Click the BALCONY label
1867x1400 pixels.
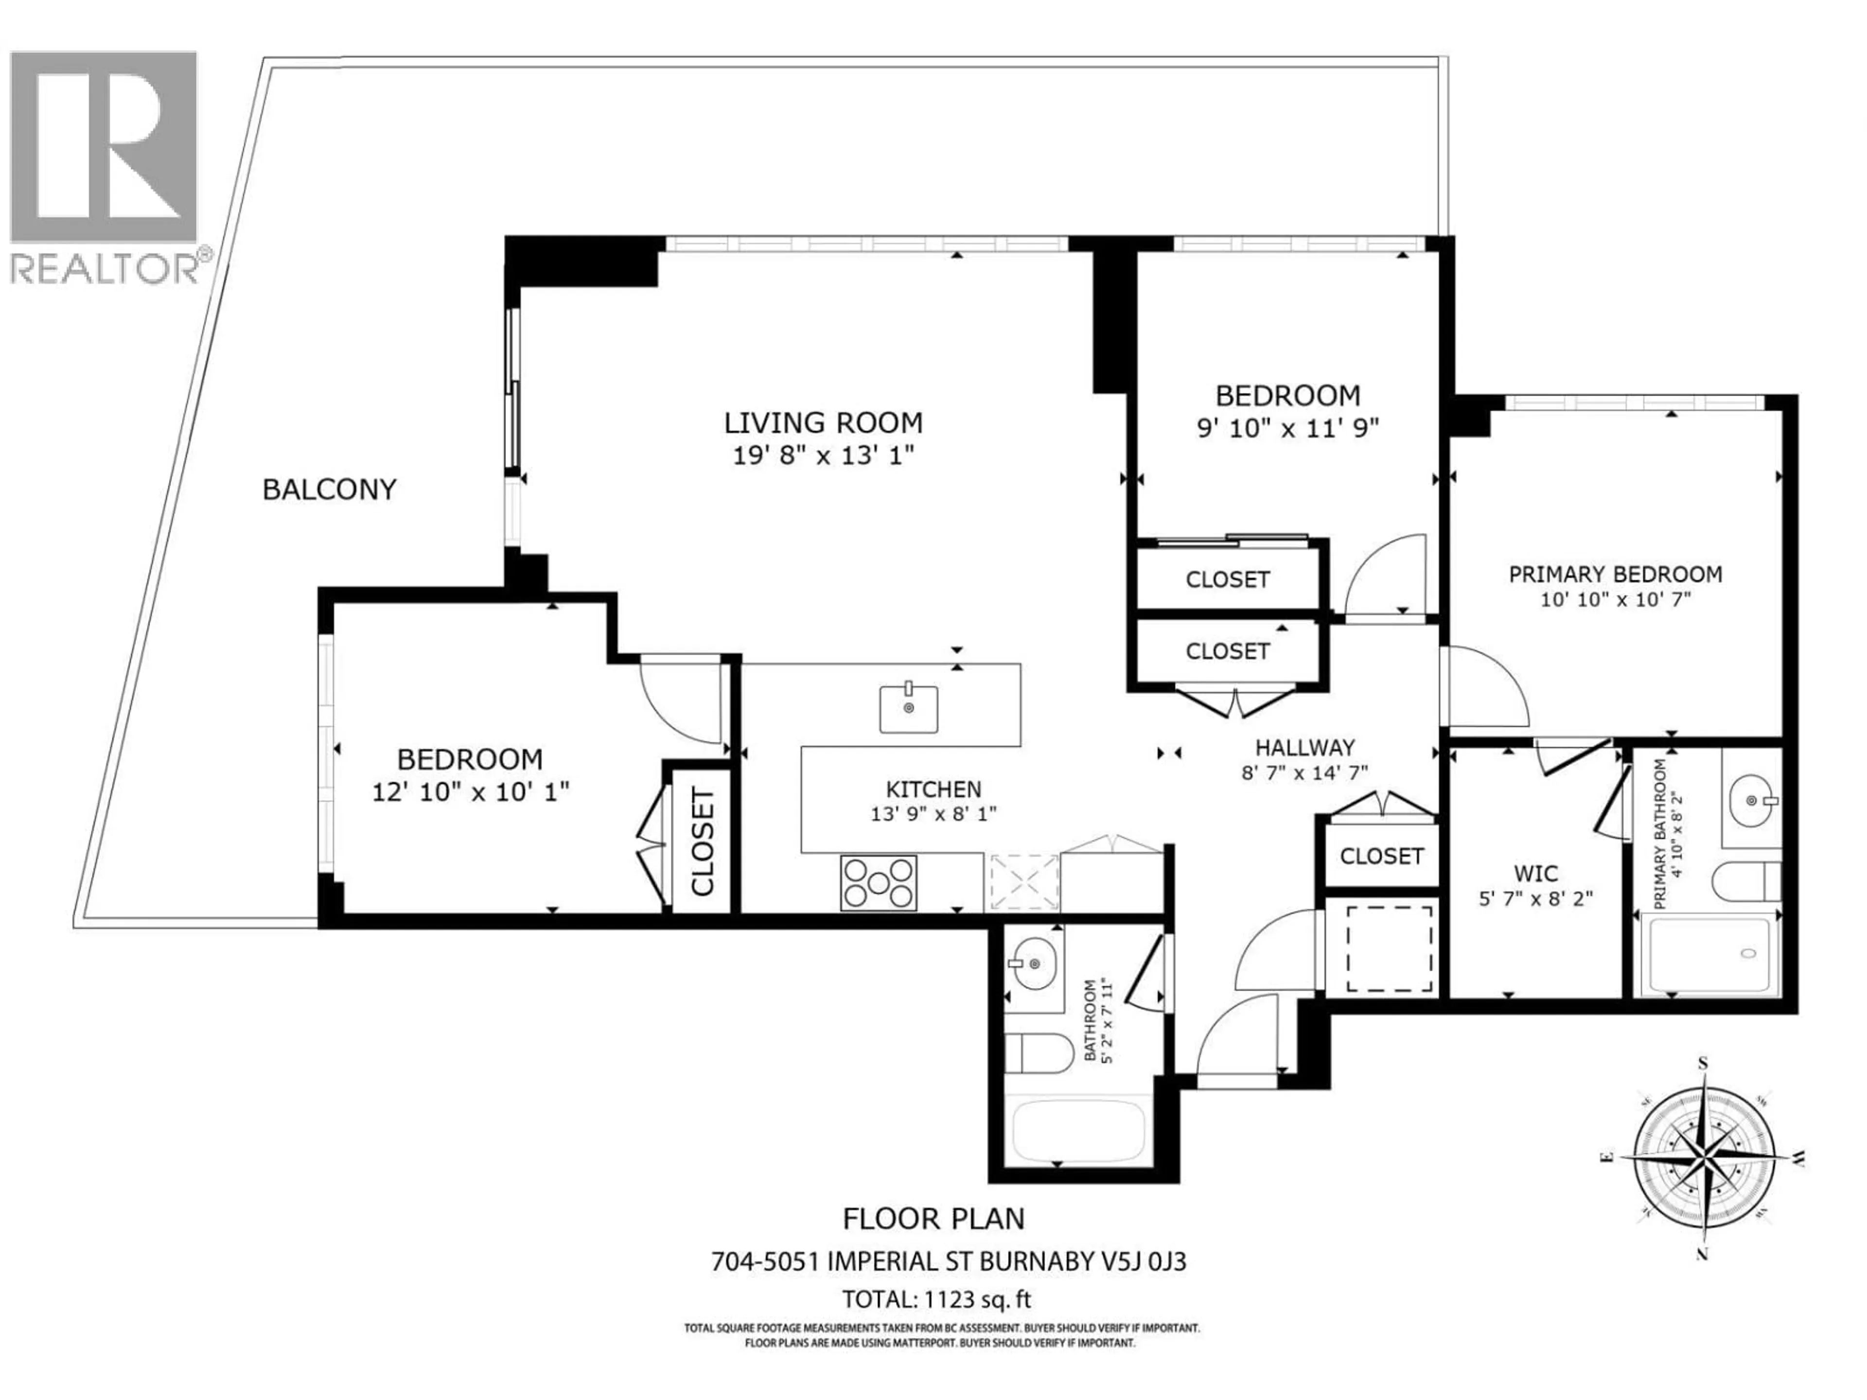point(329,490)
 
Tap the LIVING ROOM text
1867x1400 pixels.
point(823,422)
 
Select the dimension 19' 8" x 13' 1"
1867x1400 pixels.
point(823,455)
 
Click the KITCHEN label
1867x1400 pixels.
point(933,789)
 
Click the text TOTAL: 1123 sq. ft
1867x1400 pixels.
point(937,1322)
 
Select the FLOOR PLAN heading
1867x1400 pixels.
point(933,1219)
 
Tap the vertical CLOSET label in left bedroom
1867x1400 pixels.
point(702,841)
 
